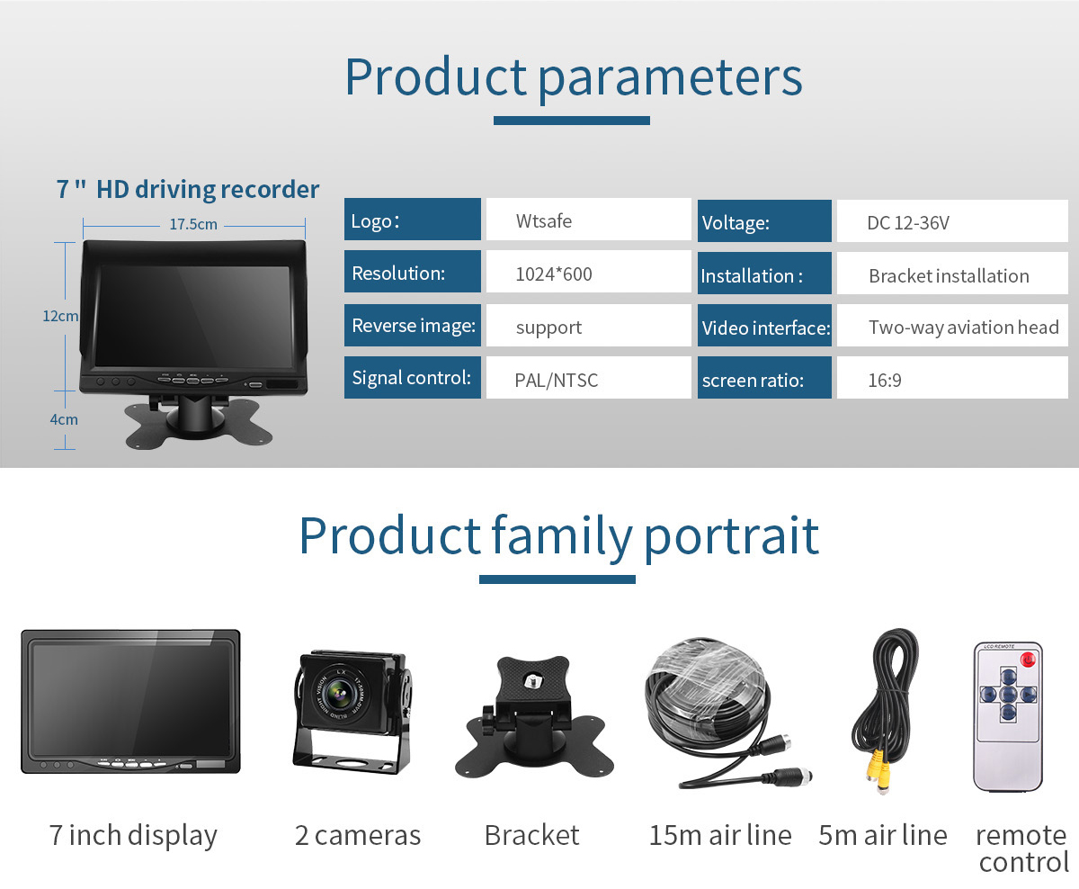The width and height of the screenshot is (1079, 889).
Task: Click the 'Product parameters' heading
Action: pyautogui.click(x=573, y=77)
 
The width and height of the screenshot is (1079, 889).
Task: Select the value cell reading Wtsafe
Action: pyautogui.click(x=588, y=220)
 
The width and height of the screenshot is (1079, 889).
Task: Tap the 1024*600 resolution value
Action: pyautogui.click(x=588, y=274)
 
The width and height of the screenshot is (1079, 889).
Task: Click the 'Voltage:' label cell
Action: pyautogui.click(x=764, y=222)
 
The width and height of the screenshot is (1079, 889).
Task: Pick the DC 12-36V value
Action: pyautogui.click(x=951, y=222)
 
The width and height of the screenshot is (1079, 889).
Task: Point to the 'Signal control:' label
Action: pyautogui.click(x=412, y=378)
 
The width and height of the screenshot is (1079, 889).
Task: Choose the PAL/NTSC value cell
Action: pyautogui.click(x=588, y=380)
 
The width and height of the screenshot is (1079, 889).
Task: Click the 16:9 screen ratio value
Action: pyautogui.click(x=951, y=380)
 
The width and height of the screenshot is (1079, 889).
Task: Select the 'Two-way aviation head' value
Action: pyautogui.click(x=962, y=328)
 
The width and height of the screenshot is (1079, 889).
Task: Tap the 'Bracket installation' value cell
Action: pyautogui.click(x=951, y=276)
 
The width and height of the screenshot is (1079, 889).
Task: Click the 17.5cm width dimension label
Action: pyautogui.click(x=193, y=224)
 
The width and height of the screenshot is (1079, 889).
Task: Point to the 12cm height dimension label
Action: pyautogui.click(x=60, y=316)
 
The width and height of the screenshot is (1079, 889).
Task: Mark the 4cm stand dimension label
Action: pyautogui.click(x=63, y=419)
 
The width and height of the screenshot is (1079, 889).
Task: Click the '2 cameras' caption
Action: pyautogui.click(x=358, y=835)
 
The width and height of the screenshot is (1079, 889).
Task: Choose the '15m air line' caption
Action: pyautogui.click(x=719, y=835)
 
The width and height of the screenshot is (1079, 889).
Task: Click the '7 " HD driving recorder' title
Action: pyautogui.click(x=188, y=190)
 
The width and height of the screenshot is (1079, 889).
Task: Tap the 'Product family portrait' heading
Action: pyautogui.click(x=558, y=536)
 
